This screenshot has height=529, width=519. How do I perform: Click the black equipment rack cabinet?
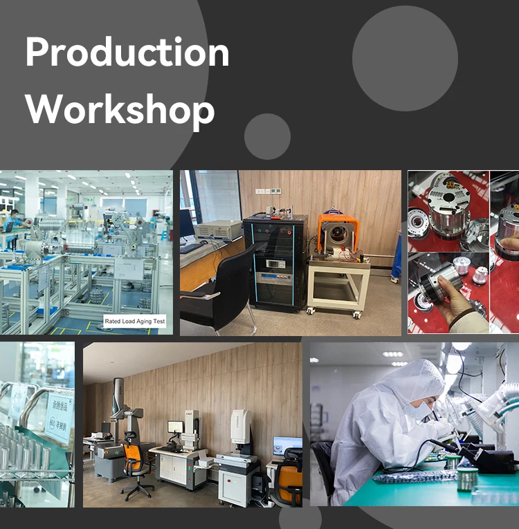275,262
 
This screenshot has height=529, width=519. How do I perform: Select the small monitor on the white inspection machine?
176,427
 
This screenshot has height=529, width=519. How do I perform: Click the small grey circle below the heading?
267,136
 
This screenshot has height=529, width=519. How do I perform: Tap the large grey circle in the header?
405,58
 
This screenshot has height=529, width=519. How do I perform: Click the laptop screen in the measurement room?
286,446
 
